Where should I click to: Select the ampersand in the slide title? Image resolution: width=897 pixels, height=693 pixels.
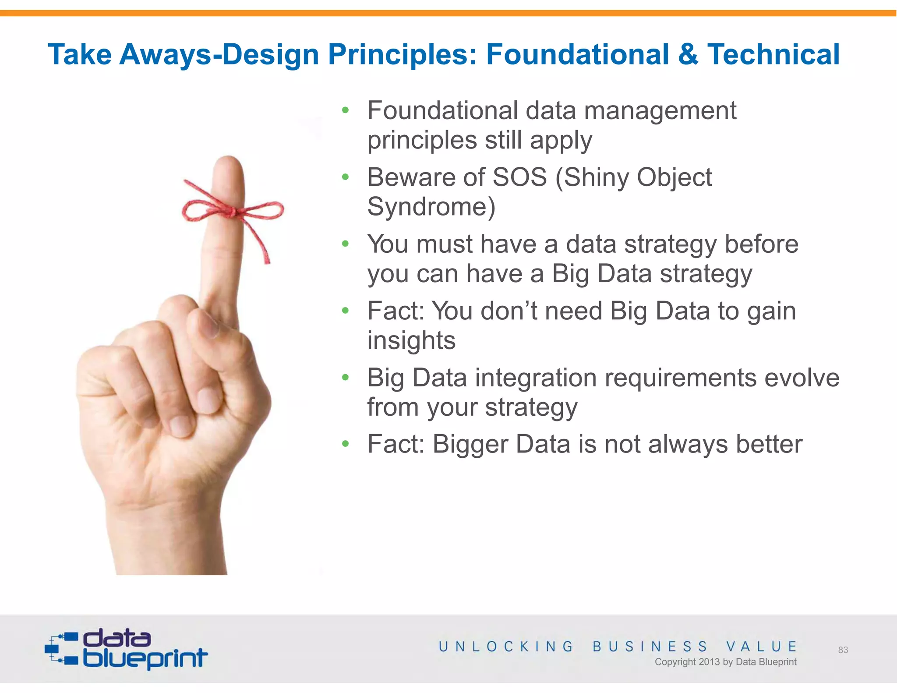tap(688, 55)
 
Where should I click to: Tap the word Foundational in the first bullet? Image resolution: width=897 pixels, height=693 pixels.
tap(442, 110)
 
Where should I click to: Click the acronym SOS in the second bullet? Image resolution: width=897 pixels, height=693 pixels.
tap(519, 177)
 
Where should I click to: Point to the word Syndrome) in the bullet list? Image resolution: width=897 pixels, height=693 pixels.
tap(431, 207)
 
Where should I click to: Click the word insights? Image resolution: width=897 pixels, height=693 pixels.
tap(411, 341)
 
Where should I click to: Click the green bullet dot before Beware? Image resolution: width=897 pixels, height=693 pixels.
tap(346, 177)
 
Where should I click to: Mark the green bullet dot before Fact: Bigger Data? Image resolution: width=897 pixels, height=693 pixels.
tap(346, 444)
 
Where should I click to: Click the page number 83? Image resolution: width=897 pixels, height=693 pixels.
tap(843, 650)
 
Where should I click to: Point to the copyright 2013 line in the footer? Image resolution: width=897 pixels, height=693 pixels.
tap(725, 662)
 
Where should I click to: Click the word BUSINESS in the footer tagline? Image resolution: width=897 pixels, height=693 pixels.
tap(650, 647)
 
